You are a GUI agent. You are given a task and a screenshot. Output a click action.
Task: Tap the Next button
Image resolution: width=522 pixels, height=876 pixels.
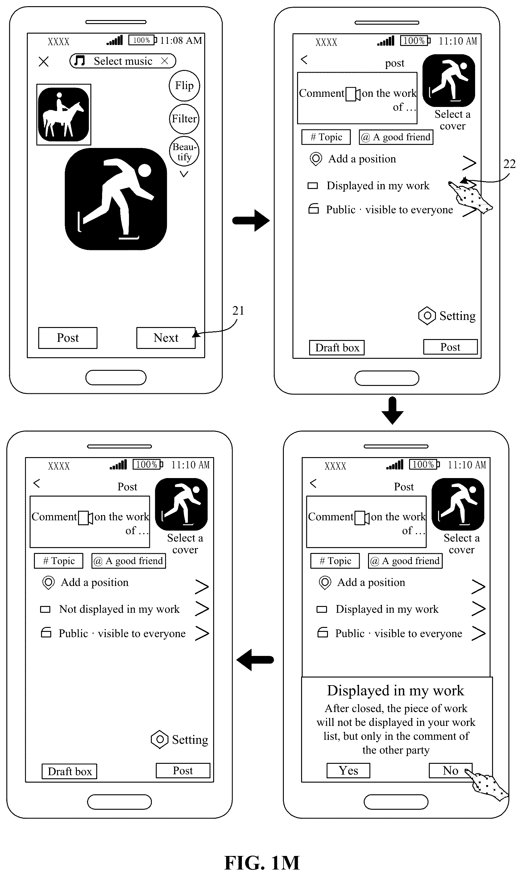(166, 338)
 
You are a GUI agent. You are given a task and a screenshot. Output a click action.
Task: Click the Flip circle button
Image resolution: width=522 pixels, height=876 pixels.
(184, 85)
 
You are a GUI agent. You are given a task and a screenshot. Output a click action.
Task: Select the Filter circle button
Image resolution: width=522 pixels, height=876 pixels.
(184, 119)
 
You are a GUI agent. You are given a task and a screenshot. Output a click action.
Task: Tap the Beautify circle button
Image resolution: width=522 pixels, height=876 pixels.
(184, 151)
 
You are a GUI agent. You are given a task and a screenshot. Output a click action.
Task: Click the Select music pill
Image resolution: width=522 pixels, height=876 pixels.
(123, 61)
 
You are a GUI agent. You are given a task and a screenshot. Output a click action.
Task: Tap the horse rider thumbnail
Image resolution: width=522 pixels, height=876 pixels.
(64, 115)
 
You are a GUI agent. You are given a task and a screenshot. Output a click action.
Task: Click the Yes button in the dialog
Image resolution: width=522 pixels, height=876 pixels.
(348, 770)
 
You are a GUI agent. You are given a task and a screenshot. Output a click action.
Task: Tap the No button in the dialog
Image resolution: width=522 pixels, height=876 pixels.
(450, 770)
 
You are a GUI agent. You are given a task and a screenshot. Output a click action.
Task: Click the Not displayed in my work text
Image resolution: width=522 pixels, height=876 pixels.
(119, 609)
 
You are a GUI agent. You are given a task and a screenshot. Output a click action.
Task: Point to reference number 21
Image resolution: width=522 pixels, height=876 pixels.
(238, 311)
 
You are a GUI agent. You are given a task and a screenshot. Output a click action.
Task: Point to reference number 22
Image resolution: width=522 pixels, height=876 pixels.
(509, 164)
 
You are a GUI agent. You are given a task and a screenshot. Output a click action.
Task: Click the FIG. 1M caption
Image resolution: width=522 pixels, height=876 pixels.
(262, 863)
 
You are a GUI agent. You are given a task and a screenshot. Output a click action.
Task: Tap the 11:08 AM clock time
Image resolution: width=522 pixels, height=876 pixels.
(181, 40)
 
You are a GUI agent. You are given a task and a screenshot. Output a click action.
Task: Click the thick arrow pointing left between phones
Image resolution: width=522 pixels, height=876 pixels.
(255, 660)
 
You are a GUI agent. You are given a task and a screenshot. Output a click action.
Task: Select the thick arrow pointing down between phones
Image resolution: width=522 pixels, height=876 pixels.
(392, 411)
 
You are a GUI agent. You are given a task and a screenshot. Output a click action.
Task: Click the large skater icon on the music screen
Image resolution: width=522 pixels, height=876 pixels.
(116, 199)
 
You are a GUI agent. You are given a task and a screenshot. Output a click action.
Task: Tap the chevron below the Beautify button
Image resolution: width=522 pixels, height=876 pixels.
(184, 174)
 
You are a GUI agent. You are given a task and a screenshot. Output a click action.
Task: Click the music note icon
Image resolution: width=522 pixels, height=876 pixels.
(80, 60)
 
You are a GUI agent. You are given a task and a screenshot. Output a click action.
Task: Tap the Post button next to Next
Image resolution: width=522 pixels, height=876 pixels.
(68, 338)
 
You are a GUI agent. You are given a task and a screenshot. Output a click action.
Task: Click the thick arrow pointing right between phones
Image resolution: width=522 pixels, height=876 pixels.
(251, 220)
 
